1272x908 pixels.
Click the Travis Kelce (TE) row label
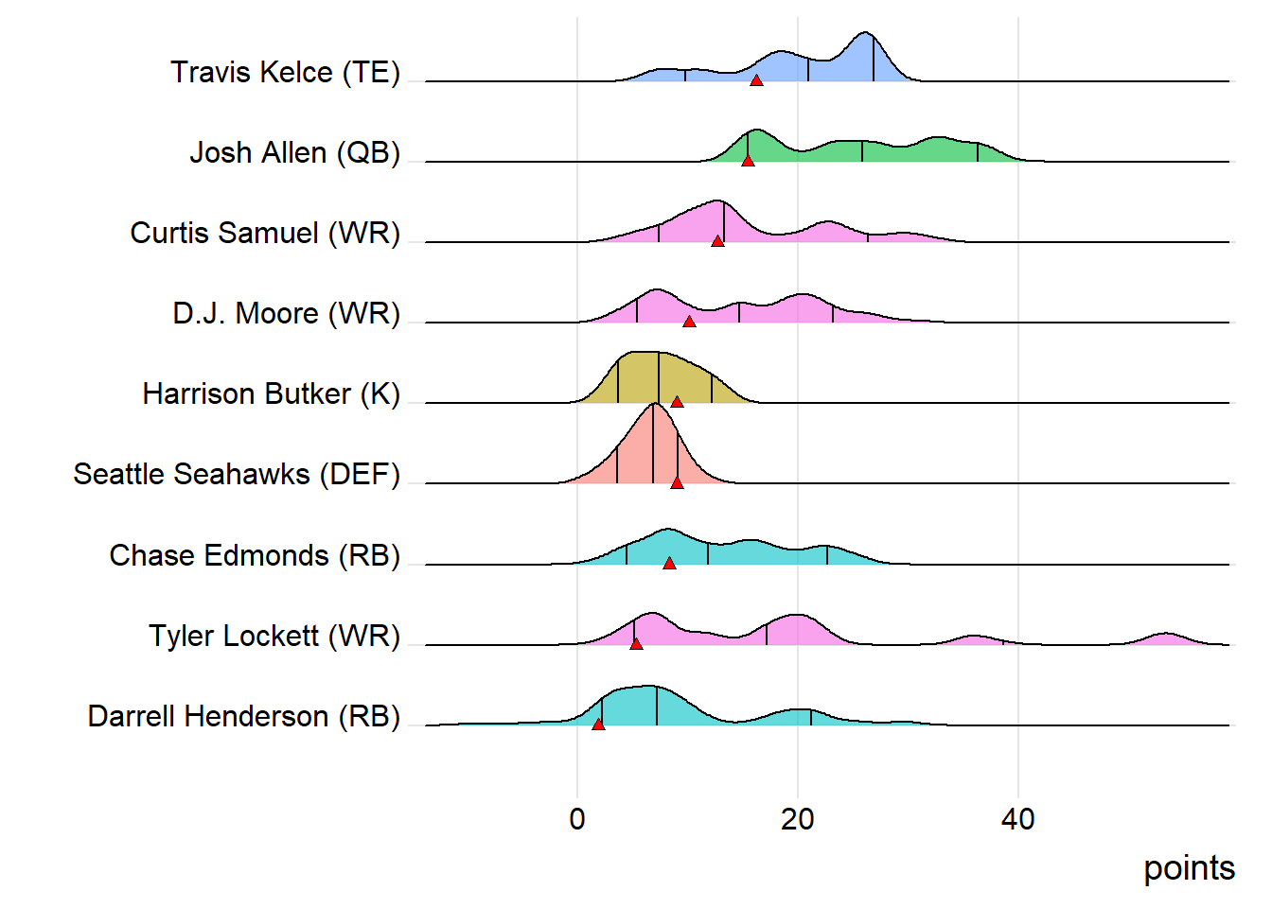point(285,73)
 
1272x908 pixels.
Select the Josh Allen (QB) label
point(294,153)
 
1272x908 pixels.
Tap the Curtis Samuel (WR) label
point(265,234)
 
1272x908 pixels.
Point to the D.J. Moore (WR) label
point(286,314)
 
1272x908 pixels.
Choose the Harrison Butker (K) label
point(271,394)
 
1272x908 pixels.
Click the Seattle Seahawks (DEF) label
point(237,475)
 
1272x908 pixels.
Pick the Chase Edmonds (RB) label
point(255,556)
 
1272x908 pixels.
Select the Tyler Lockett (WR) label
point(274,637)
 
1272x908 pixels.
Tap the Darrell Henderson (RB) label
point(244,717)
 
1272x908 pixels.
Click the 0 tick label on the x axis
point(577,819)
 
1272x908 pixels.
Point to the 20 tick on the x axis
point(798,819)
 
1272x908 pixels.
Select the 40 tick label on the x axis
point(1018,819)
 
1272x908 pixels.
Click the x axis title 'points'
point(1189,868)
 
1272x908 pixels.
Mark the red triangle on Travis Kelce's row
point(756,80)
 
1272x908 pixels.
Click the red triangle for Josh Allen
point(748,161)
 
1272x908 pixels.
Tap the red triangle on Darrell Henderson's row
point(598,725)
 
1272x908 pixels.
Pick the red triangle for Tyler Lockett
point(636,644)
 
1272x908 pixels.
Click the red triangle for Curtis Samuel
point(717,241)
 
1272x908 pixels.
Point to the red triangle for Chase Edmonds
point(669,564)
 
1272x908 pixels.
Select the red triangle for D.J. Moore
point(689,322)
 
